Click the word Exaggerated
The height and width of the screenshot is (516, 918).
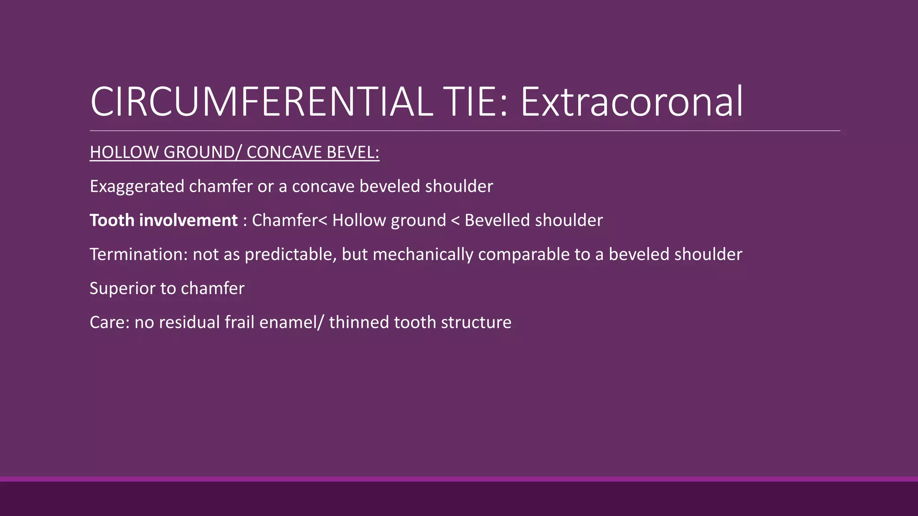(137, 186)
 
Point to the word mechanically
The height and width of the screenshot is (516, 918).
(423, 254)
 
